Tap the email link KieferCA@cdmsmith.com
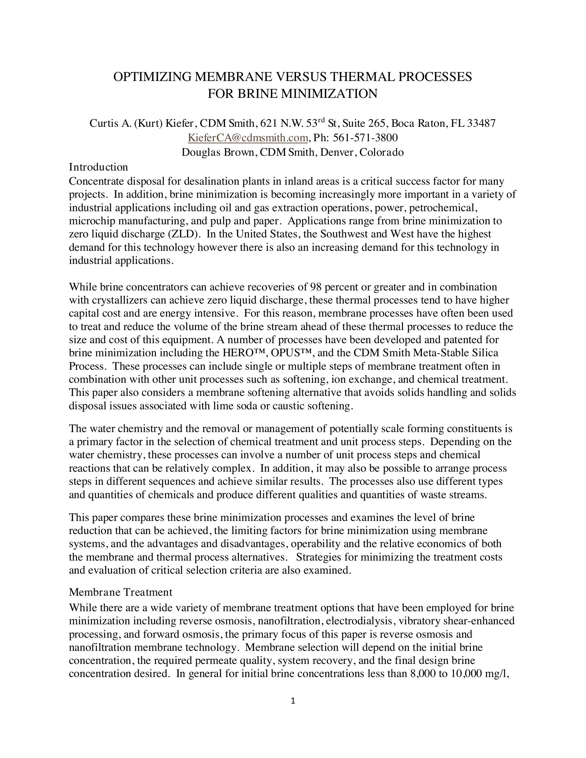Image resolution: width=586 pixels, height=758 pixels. coord(247,138)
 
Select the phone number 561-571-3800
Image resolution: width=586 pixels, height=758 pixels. coord(365,138)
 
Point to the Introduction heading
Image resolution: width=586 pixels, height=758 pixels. coord(98,167)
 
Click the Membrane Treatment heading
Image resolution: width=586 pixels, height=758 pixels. coord(120,592)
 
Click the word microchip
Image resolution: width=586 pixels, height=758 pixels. coord(91,221)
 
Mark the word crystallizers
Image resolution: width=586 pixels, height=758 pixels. coord(123,300)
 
